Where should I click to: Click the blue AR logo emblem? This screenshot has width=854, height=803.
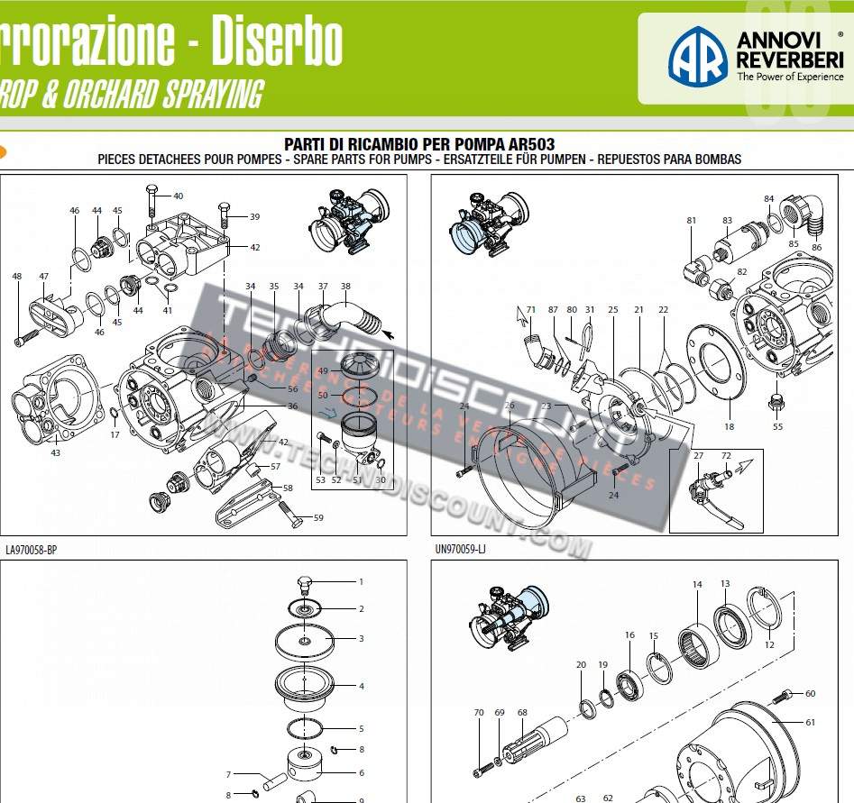coord(697,55)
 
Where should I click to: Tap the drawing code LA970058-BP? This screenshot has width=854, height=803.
coord(32,548)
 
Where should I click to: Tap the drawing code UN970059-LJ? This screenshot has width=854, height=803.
coord(460,548)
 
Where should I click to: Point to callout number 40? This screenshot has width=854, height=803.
coord(178,196)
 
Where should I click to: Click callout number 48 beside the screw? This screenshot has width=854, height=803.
coord(16,277)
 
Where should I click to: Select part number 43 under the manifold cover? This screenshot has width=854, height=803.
coord(55,452)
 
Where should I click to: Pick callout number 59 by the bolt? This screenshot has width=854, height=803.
coord(318,517)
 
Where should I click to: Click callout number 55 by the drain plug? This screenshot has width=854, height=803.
coord(777,426)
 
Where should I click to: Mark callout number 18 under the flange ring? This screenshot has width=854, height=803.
coord(729,426)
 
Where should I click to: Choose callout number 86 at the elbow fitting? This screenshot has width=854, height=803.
coord(816,246)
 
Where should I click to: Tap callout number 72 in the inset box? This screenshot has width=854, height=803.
coord(726,456)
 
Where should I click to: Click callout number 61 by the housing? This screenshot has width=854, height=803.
coord(810,722)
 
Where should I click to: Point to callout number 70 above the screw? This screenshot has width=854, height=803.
coord(479,713)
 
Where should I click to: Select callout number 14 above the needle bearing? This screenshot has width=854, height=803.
coord(697,585)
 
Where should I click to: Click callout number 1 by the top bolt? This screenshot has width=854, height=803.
coord(361,582)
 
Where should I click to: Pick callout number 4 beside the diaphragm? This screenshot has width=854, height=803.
coord(361,686)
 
